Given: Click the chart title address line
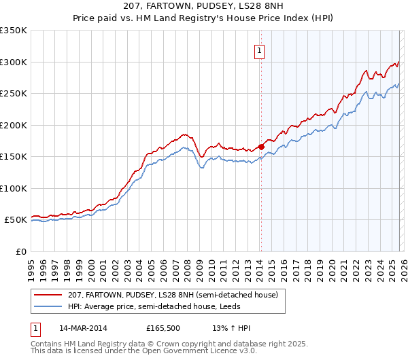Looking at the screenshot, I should pyautogui.click(x=203, y=6).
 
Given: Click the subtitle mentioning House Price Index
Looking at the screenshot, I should pyautogui.click(x=203, y=18).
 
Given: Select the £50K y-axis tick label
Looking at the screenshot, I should pyautogui.click(x=15, y=220).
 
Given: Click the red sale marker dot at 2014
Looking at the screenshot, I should pyautogui.click(x=261, y=146).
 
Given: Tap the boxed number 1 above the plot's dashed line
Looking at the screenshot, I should pyautogui.click(x=259, y=50).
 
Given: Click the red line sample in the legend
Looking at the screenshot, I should pyautogui.click(x=48, y=295).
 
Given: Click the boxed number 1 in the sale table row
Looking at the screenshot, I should pyautogui.click(x=35, y=328).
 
